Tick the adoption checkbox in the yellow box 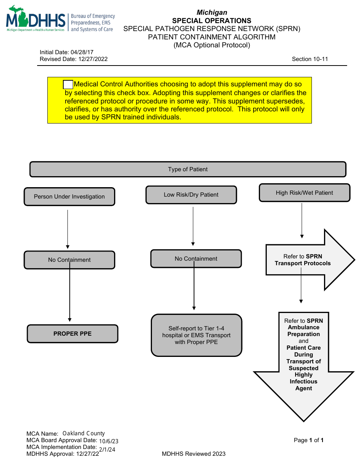(68, 85)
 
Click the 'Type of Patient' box (188, 169)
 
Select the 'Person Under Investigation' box (69, 197)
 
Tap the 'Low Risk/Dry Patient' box (191, 195)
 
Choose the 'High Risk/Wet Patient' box (304, 193)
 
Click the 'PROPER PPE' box (72, 334)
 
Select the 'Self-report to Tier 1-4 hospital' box (196, 335)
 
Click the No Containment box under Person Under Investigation (69, 260)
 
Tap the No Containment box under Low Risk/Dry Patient (196, 259)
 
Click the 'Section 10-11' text (310, 59)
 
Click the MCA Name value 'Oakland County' (84, 433)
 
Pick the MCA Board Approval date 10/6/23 (109, 441)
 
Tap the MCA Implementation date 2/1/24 (107, 449)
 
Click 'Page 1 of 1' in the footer (308, 440)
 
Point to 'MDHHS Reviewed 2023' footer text (193, 454)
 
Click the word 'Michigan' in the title (212, 13)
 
